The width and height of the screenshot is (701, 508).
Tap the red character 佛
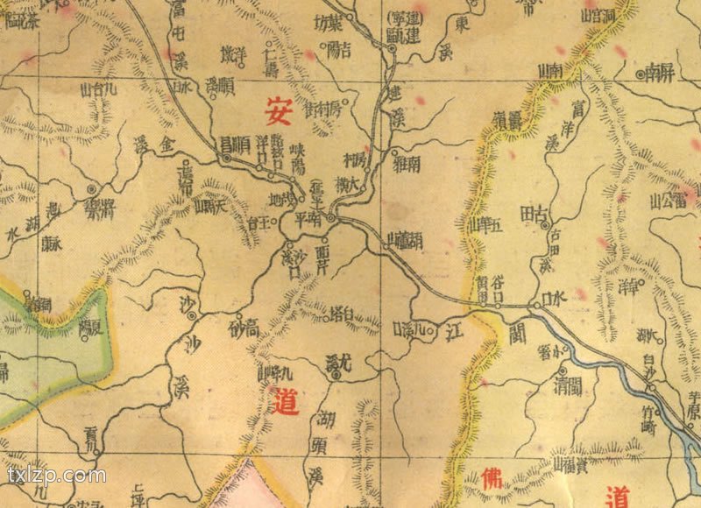(493, 478)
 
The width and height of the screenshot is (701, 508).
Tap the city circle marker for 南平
(332, 215)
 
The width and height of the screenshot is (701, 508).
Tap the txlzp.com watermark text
(56, 476)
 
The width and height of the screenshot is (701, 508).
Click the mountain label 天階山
(211, 207)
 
